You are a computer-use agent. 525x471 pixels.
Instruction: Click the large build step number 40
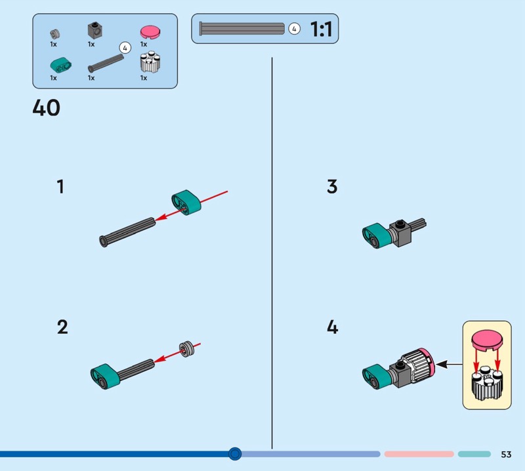(46, 108)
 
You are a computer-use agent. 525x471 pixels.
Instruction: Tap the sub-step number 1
(60, 188)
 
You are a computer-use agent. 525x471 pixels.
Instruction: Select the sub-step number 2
(62, 327)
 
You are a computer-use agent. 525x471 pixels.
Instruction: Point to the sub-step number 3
(332, 187)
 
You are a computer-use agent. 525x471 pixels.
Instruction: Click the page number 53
(506, 455)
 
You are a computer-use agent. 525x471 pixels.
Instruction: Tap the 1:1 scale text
(320, 29)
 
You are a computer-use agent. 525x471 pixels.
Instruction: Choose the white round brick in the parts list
(150, 64)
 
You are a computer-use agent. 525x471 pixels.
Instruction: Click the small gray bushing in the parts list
(54, 33)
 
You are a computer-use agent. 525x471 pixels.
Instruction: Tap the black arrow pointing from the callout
(447, 363)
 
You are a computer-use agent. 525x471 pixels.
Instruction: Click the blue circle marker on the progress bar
(235, 453)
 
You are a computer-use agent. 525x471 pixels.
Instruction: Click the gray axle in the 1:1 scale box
(242, 29)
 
